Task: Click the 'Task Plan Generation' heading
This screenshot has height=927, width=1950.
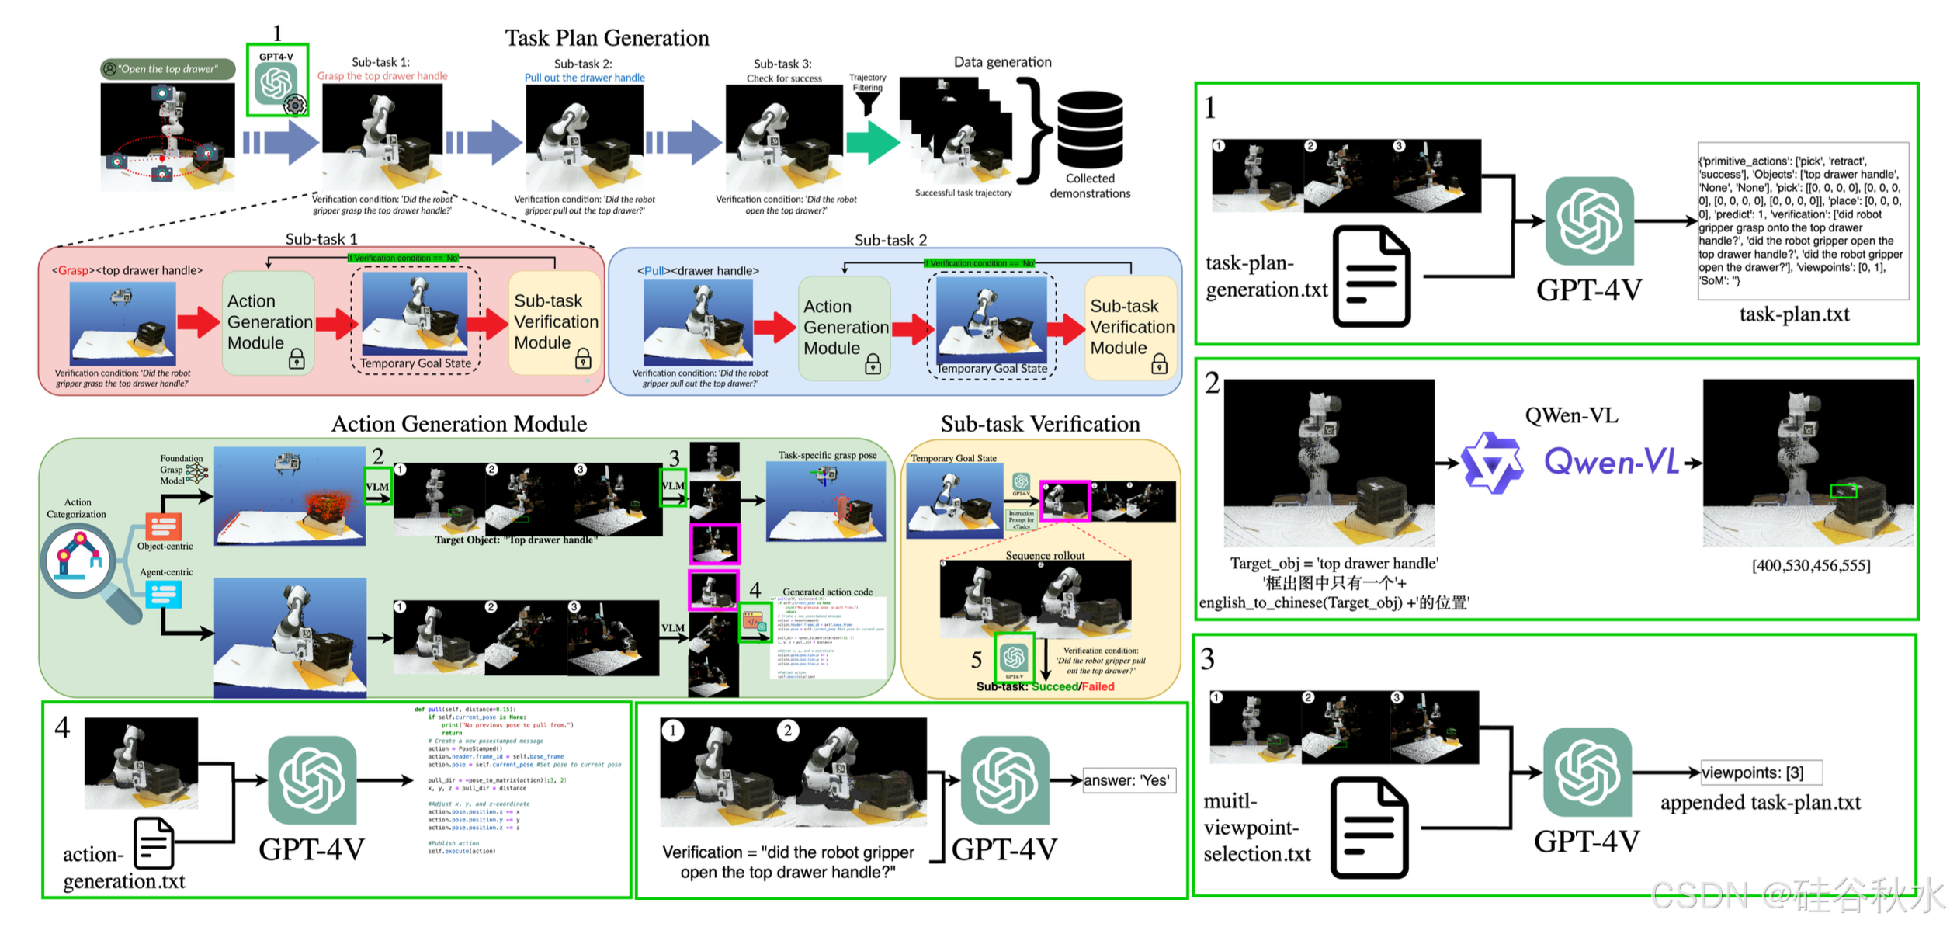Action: point(607,38)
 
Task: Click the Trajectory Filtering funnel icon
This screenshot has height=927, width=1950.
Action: point(867,102)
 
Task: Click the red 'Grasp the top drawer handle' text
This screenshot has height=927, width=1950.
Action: point(382,76)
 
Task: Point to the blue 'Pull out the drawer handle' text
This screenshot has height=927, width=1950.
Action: point(585,78)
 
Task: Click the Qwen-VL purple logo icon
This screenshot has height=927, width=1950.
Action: point(1492,463)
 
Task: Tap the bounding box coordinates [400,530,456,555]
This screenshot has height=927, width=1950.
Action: point(1811,566)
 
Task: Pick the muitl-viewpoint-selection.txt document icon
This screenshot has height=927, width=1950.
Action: point(1369,828)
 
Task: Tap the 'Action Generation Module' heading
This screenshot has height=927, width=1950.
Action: point(459,424)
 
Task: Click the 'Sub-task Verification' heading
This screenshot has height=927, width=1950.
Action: point(1040,424)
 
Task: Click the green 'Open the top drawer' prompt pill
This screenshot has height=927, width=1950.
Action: point(168,69)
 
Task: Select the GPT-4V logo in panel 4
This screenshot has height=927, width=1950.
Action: point(312,781)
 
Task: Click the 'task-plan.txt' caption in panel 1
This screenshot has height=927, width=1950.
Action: point(1794,314)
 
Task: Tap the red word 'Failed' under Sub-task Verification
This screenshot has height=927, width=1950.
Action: point(1098,686)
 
